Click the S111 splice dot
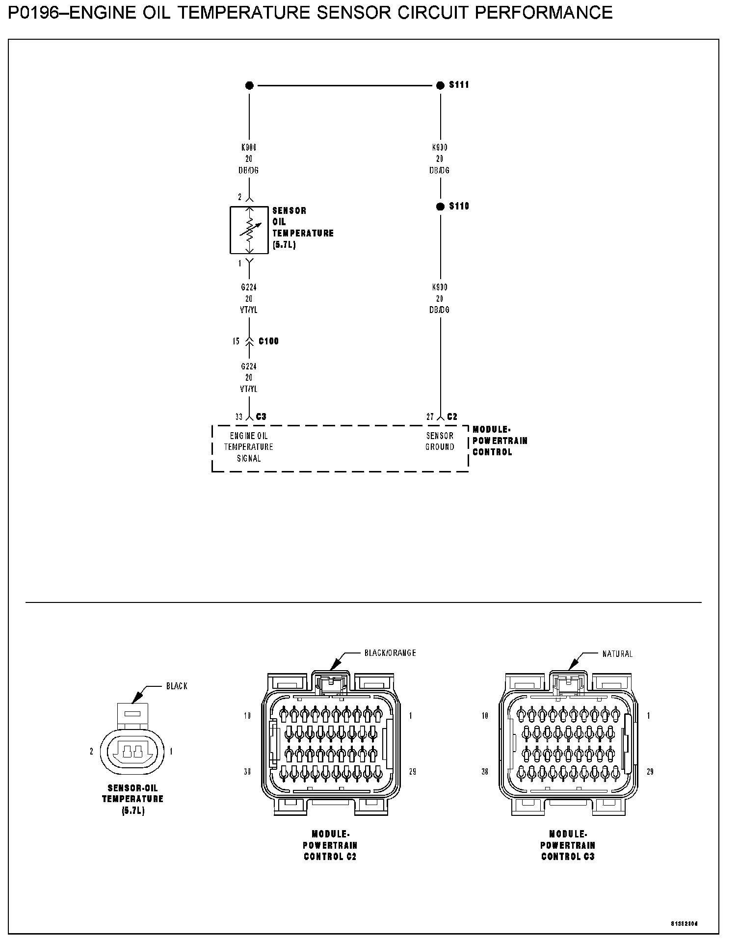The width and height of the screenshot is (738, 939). [440, 85]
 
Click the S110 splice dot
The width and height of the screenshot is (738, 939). [440, 207]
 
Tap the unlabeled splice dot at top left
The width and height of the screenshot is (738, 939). [249, 85]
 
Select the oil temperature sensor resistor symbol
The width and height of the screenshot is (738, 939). [249, 230]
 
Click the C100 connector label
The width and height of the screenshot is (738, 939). [268, 341]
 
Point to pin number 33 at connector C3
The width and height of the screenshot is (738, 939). [239, 417]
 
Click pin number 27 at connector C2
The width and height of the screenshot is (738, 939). [430, 417]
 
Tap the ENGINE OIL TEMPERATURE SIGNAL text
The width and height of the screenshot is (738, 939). [249, 447]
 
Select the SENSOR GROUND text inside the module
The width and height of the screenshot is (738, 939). [440, 441]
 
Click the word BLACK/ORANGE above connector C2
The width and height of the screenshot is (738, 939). [390, 653]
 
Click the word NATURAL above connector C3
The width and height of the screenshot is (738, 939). [617, 654]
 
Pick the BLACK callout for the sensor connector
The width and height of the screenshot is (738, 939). [177, 686]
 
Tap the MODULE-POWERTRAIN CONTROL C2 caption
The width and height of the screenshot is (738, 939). [330, 845]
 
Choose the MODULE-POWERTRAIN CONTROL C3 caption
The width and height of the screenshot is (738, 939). [568, 845]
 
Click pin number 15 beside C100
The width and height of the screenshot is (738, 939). [236, 341]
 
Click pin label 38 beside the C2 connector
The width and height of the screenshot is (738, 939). [247, 772]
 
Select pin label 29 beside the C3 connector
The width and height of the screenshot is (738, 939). [650, 772]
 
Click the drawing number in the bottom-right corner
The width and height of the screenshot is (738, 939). [685, 924]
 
